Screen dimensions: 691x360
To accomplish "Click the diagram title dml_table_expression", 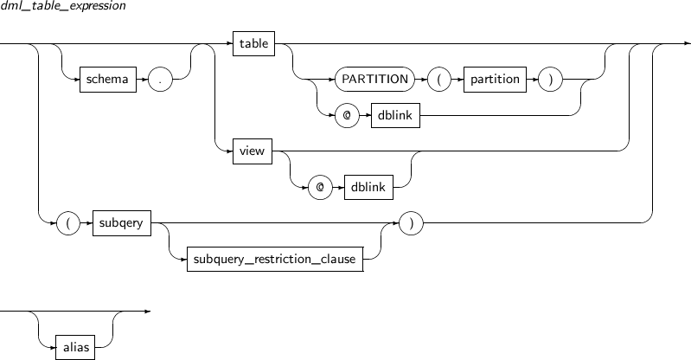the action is coord(63,6).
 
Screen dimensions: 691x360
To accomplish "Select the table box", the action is coord(254,43).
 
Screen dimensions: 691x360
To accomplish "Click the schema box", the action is coord(108,80).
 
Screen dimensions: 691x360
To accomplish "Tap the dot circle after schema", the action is coord(160,80).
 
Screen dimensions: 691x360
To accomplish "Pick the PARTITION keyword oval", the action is coord(375,80).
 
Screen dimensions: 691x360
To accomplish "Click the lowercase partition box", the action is coord(495,80).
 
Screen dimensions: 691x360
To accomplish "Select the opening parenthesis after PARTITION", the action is coord(439,80).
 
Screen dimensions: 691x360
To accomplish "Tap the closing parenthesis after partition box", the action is coord(550,80).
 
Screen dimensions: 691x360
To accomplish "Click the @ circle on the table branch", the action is coord(348,116).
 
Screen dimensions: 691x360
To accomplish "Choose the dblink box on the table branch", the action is coord(395,116).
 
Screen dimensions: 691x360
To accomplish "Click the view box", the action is coord(253,151).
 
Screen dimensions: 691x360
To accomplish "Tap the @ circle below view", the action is coord(320,187).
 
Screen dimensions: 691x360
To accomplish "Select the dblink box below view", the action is coord(369,187).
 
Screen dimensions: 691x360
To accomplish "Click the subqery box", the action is coord(122,222).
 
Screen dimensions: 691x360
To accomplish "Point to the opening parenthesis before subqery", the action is coord(68,222).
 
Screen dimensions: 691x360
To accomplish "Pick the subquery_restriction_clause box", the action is coord(275,259).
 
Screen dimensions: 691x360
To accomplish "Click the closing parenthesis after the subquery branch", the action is coord(411,222).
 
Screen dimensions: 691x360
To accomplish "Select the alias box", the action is coord(75,347).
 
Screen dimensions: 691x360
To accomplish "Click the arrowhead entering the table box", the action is coord(229,43).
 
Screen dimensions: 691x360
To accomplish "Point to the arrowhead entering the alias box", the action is coord(53,347).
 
